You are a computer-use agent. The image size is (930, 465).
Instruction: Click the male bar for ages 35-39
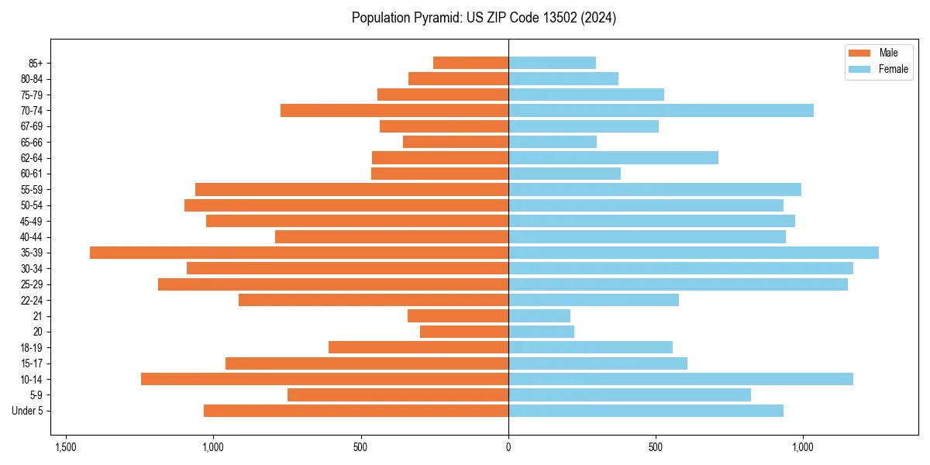pos(299,253)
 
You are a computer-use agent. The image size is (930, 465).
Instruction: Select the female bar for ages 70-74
pos(661,111)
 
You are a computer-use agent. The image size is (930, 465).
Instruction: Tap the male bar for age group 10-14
pos(325,379)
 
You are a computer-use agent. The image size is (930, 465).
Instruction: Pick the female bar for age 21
pos(539,316)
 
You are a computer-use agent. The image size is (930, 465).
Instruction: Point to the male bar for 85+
pos(470,63)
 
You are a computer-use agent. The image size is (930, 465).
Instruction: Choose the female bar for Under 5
pos(646,411)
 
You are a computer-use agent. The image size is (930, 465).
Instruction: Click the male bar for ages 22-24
pos(374,300)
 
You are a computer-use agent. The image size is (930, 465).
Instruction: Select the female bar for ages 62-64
pos(613,158)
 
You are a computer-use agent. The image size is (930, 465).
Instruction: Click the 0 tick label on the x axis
pos(508,447)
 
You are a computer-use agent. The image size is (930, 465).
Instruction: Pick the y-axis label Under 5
pos(28,411)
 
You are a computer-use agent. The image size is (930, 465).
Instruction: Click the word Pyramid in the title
pos(440,18)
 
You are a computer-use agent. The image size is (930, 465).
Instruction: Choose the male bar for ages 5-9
pos(398,395)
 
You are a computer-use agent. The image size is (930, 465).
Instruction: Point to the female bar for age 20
pos(541,332)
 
